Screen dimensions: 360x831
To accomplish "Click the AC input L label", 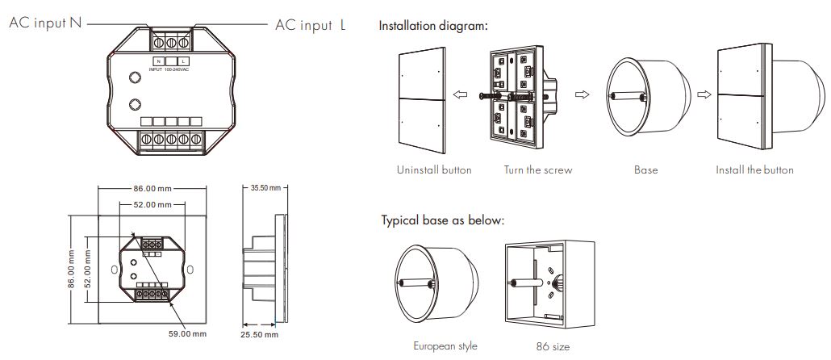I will pyautogui.click(x=311, y=25).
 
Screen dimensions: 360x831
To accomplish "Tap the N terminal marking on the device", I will pyautogui.click(x=159, y=61).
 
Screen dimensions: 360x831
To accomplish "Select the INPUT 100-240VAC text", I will pyautogui.click(x=169, y=69).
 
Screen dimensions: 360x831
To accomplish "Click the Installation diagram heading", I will pyautogui.click(x=433, y=26).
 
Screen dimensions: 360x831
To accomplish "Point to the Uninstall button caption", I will pyautogui.click(x=434, y=170).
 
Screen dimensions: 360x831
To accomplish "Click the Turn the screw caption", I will pyautogui.click(x=538, y=170).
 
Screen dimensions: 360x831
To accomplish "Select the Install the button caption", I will pyautogui.click(x=754, y=170).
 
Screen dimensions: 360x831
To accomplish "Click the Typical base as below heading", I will pyautogui.click(x=443, y=220).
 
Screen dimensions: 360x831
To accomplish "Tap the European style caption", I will pyautogui.click(x=445, y=345).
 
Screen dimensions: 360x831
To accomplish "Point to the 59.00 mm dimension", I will pyautogui.click(x=188, y=333).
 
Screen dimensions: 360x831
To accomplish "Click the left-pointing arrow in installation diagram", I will pyautogui.click(x=461, y=95).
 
